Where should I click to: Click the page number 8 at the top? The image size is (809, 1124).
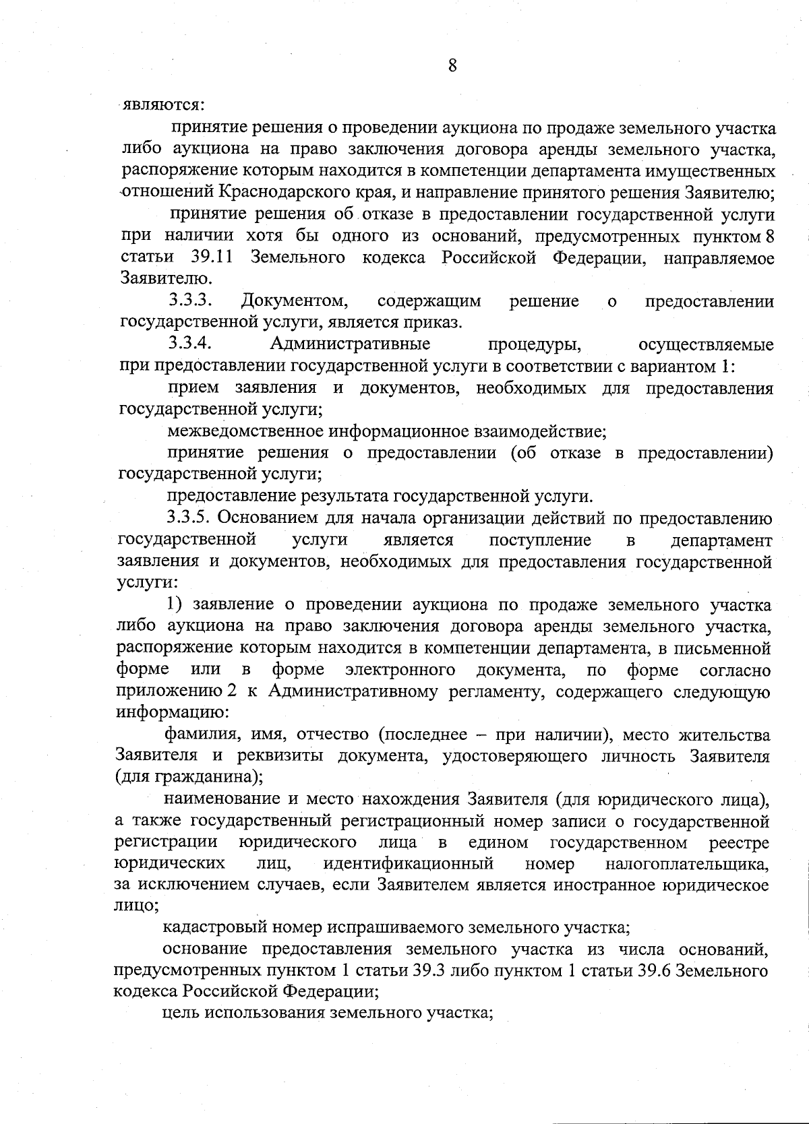(452, 65)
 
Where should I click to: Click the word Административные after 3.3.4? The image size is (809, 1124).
(350, 344)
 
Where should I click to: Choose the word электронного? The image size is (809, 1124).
(400, 670)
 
